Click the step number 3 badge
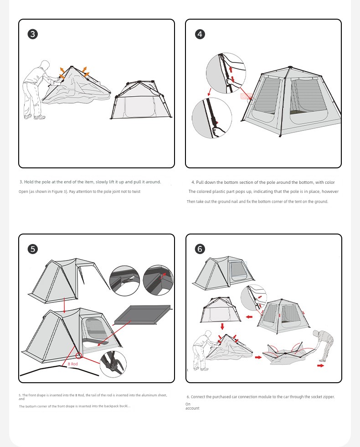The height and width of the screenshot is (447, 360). coord(33,34)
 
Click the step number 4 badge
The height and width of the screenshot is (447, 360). coord(200,34)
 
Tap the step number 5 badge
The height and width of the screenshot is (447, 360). coord(33,249)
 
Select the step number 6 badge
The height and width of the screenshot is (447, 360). coord(200,249)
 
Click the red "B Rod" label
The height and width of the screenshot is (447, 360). coord(72,364)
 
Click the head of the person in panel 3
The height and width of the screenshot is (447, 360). coord(45,64)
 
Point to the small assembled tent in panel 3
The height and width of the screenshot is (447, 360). coord(141,99)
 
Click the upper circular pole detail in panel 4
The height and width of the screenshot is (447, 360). coord(226,73)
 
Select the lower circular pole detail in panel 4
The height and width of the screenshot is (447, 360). coord(212,118)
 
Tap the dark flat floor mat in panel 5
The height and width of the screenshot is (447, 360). coord(143,315)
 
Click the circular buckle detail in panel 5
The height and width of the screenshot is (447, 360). coord(113,364)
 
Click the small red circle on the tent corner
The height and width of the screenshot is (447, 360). coord(79,355)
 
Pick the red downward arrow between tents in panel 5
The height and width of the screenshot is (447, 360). coord(64,305)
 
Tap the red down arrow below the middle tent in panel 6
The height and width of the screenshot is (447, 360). coord(222,327)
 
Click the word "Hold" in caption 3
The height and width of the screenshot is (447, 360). coord(29,182)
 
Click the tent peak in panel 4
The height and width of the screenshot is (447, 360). coord(290,68)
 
